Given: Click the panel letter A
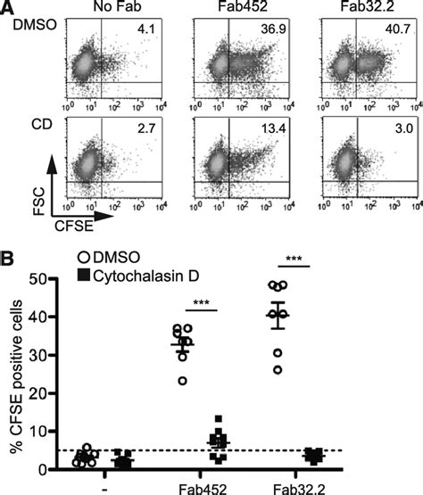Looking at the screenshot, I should pos(9,8).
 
